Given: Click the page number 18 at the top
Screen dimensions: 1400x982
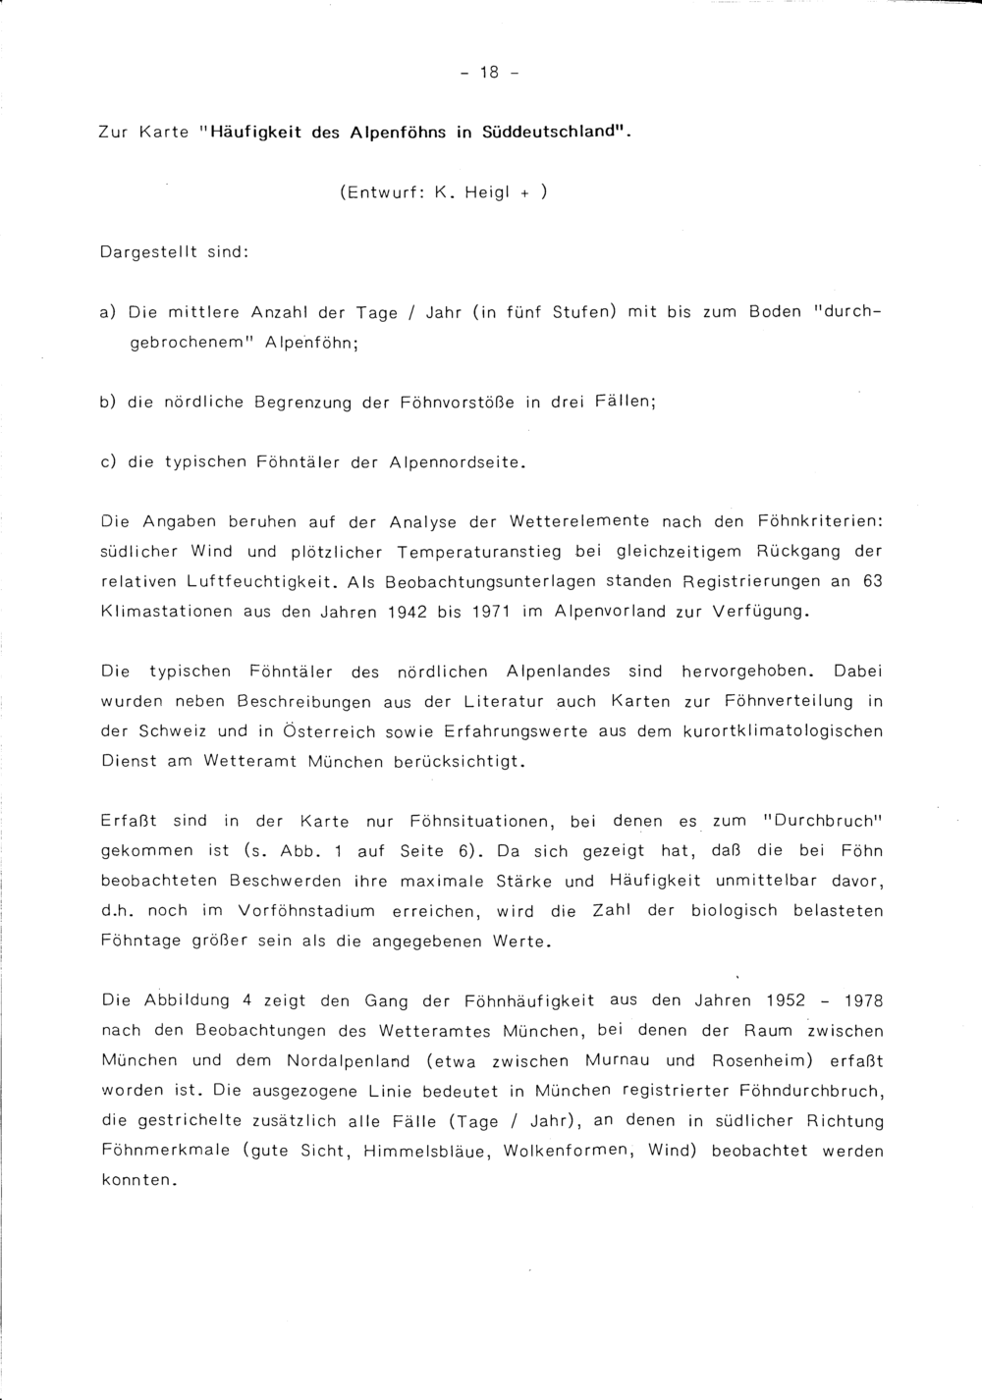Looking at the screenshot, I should click(x=490, y=73).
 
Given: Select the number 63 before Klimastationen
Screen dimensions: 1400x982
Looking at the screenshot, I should click(x=872, y=581).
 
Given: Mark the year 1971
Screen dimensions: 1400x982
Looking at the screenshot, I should click(x=487, y=612).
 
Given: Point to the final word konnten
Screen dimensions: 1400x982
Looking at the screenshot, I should click(x=137, y=1181).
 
